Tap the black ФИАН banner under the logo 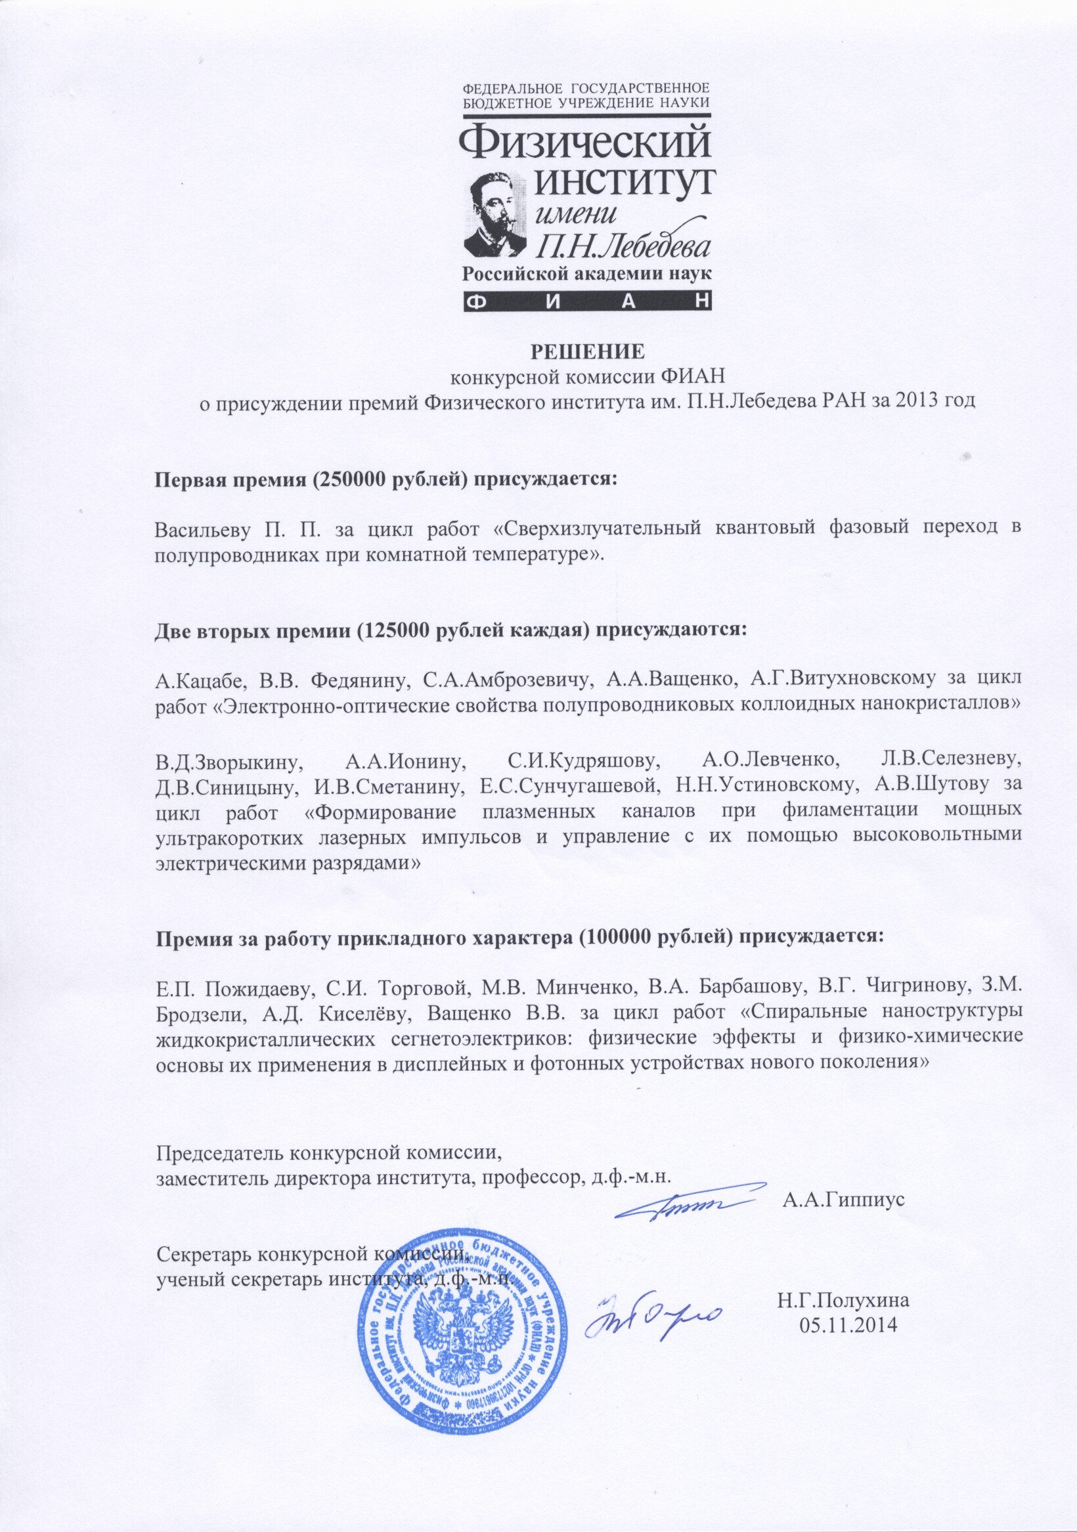587,301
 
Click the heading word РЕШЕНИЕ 588,353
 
